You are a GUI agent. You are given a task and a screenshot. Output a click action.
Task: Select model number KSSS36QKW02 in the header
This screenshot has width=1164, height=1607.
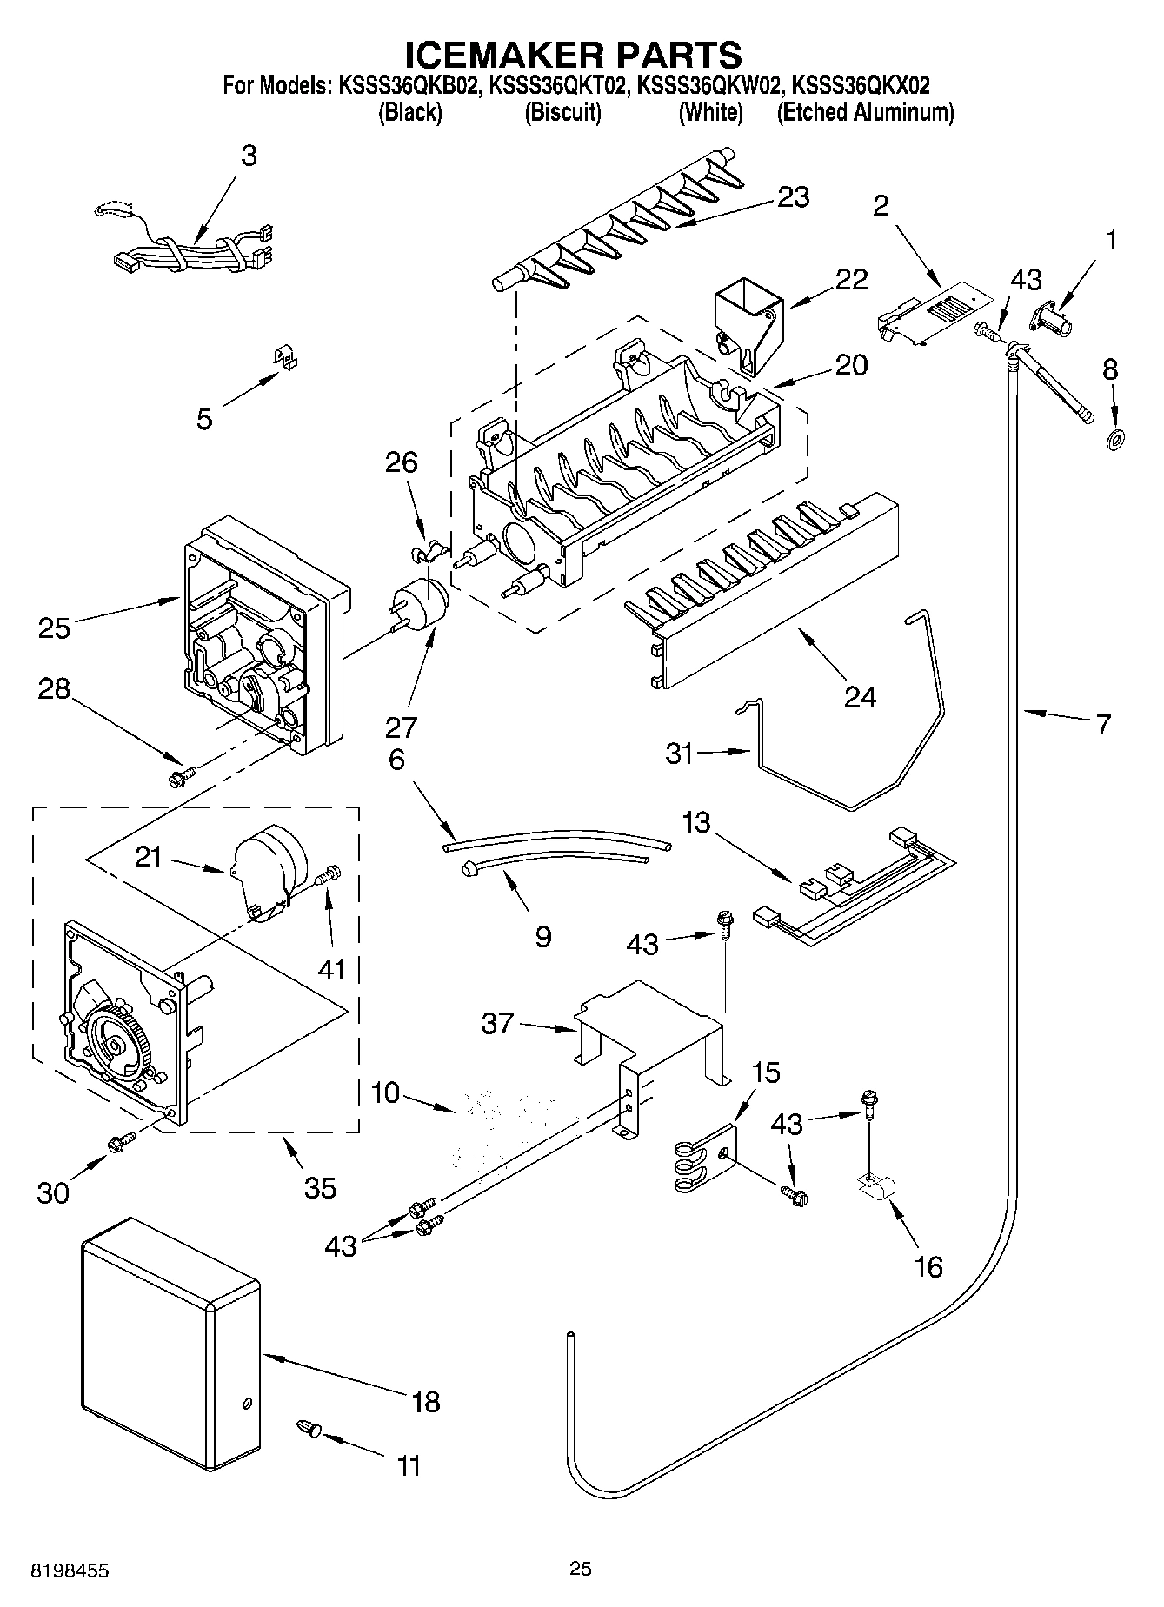(x=709, y=86)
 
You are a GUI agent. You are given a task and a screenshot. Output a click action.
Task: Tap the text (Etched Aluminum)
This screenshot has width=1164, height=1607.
(x=865, y=113)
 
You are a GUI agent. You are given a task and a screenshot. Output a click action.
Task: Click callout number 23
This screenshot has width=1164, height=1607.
(x=793, y=197)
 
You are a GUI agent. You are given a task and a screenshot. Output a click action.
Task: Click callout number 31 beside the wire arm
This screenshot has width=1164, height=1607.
(x=680, y=754)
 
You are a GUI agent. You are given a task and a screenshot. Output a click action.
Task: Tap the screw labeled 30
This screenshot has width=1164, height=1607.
(x=121, y=1144)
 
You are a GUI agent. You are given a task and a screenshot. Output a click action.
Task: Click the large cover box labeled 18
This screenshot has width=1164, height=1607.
(x=170, y=1343)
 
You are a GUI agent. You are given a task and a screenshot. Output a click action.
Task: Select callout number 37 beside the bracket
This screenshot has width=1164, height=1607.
(x=497, y=1025)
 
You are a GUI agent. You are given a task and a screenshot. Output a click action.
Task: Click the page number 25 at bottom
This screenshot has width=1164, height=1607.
(x=581, y=1568)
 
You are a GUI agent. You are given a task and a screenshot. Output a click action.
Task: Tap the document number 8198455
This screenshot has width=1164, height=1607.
(x=71, y=1571)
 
